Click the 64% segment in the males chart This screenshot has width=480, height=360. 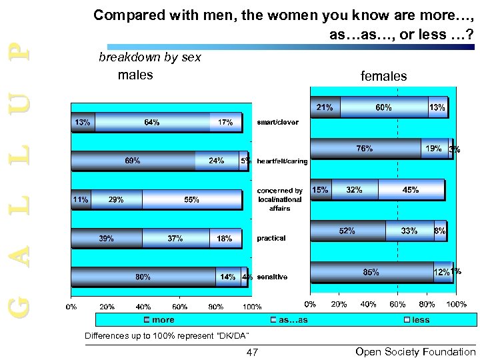(152, 123)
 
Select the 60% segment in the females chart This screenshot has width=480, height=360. (384, 107)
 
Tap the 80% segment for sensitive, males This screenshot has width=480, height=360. (143, 277)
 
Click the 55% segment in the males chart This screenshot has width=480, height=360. (191, 199)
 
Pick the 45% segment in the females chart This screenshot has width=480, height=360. (411, 190)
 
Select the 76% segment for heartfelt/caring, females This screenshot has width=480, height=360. (365, 149)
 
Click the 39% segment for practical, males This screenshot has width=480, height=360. (106, 238)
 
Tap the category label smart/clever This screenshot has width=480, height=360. (278, 123)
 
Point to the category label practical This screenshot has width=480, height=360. (271, 238)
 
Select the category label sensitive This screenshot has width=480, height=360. (272, 277)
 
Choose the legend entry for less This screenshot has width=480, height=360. (421, 320)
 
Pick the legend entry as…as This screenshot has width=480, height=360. (293, 320)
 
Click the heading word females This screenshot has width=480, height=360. (383, 77)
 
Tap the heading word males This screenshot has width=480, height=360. (135, 75)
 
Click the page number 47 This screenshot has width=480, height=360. (252, 352)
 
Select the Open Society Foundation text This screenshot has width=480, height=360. (416, 352)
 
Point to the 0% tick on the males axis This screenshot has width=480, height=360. (71, 307)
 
